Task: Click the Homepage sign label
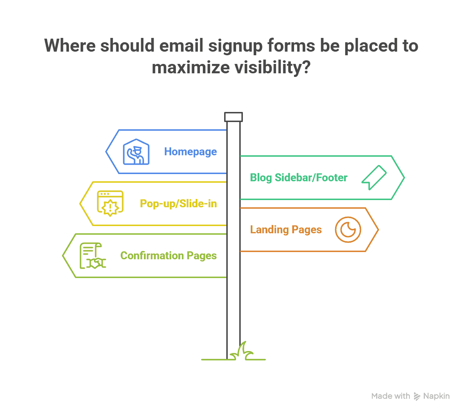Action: click(190, 152)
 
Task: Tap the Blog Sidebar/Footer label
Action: click(298, 178)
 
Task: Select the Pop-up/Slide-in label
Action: click(178, 204)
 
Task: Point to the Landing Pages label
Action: click(286, 230)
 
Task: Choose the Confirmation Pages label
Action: click(169, 255)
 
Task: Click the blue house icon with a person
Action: click(136, 152)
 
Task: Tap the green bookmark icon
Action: click(374, 178)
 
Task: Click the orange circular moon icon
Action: click(348, 230)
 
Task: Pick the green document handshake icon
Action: click(93, 255)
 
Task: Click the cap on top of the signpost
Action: click(233, 117)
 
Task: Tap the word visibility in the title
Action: click(272, 68)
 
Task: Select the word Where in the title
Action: click(70, 45)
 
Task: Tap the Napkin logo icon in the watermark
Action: click(417, 396)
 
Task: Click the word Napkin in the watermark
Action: click(436, 396)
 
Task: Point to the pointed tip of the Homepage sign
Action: click(106, 152)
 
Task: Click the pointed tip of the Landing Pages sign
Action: click(378, 230)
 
